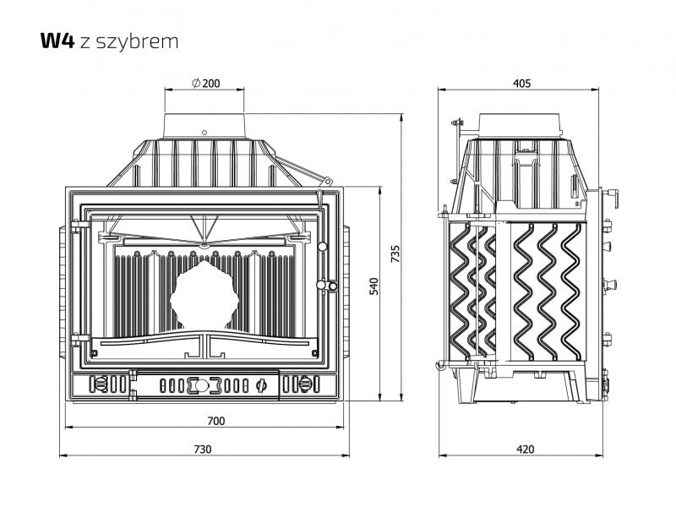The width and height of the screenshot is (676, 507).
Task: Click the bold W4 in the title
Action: tap(57, 41)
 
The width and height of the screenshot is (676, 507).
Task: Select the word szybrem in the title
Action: tap(137, 41)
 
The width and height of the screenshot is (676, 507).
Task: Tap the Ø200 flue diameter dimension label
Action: tap(206, 83)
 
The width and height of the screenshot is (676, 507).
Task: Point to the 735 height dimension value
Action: tap(395, 254)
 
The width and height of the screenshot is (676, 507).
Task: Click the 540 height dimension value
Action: tap(373, 286)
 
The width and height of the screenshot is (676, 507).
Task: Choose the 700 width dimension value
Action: tap(216, 421)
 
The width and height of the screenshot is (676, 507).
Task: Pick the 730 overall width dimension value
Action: tap(203, 450)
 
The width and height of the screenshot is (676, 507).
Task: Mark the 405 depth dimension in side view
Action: tap(521, 83)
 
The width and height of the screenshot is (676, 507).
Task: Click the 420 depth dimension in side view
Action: tap(525, 450)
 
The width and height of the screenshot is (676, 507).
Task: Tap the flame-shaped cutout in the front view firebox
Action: tap(204, 296)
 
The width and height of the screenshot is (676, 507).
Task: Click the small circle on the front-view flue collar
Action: tap(204, 133)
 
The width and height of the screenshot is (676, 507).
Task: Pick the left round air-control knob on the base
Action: tap(100, 384)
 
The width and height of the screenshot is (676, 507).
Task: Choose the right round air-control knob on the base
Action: tap(305, 384)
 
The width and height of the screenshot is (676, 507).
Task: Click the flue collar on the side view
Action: tap(521, 126)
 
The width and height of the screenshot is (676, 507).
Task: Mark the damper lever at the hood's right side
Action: tap(304, 171)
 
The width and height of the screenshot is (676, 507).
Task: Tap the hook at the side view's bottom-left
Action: tap(440, 366)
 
